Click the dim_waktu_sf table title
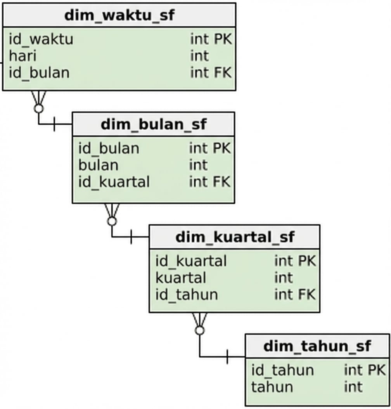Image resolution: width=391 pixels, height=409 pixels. point(119,15)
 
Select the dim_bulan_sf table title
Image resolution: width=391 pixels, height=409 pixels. point(153,125)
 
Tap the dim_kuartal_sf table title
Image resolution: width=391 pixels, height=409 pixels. point(235,237)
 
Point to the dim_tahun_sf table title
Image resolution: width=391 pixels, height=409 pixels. point(317,346)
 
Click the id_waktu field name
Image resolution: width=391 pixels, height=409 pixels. point(41,39)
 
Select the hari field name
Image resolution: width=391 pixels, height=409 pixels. point(22,56)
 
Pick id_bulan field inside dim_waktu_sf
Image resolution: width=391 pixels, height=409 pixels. point(39,73)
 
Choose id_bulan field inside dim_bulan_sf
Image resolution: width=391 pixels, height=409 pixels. point(109,148)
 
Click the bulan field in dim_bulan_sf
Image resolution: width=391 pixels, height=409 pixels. point(98,165)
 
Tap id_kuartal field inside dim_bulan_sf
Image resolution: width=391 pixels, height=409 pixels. point(114,182)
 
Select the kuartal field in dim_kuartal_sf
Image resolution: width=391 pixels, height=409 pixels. point(181,278)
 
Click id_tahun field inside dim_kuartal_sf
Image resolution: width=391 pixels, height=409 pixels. point(187,295)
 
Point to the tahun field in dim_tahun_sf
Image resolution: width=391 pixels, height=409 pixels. point(272,387)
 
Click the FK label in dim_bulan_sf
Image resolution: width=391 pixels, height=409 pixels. point(221,182)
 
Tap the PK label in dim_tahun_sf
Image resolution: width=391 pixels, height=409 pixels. point(376,370)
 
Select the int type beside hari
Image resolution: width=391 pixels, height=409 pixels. point(199,56)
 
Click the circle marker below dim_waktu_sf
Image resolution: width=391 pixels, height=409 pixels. point(38,108)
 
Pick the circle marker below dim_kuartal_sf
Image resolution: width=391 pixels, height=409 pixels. point(200,330)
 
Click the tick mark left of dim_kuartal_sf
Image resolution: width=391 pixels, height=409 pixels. point(131,237)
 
